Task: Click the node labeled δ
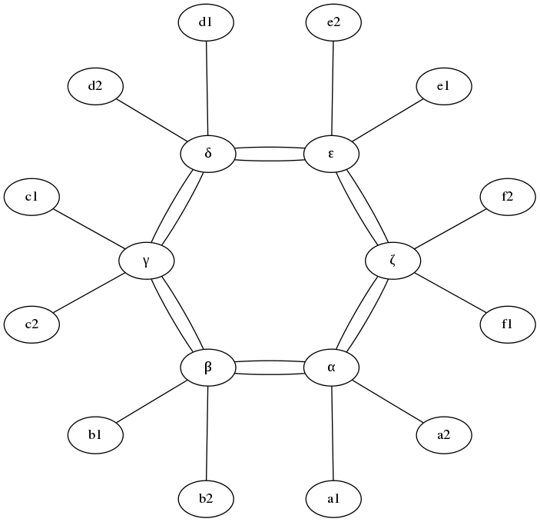(207, 154)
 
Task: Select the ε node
(331, 154)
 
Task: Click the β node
(207, 368)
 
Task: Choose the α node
(331, 368)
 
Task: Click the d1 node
(205, 23)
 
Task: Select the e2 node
(333, 23)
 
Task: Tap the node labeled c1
(31, 198)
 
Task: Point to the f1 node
(507, 324)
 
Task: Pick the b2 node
(205, 499)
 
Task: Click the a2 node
(443, 435)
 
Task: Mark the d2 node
(95, 86)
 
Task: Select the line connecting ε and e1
(388, 120)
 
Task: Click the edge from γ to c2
(88, 293)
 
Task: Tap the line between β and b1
(151, 401)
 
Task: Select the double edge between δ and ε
(269, 154)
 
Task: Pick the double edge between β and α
(269, 368)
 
